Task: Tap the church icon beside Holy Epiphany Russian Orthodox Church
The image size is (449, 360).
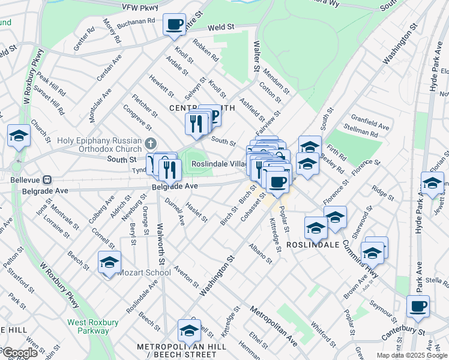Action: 150,144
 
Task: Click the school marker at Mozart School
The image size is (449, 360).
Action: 109,262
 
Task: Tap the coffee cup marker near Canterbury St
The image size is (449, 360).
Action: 418,307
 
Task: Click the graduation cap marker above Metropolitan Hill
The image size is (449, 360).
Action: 189,331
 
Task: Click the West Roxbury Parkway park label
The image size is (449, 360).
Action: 88,326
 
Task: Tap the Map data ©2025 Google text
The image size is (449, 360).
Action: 412,355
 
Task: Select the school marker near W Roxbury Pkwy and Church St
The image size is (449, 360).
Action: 19,136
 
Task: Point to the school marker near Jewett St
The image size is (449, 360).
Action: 432,184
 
